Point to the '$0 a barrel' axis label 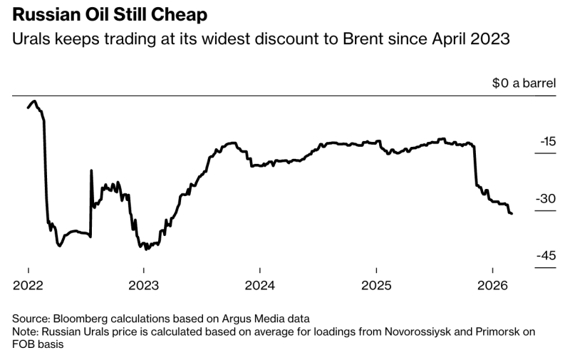tap(523, 83)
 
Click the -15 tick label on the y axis tap(546, 141)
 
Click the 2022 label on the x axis tap(28, 286)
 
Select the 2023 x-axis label tap(144, 286)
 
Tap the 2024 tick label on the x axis tap(260, 286)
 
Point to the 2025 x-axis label tap(376, 286)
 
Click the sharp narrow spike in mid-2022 tap(91, 170)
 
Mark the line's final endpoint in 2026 tap(512, 214)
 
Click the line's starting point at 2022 tap(28, 108)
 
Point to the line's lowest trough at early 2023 tap(146, 250)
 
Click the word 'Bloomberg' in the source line tap(78, 318)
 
